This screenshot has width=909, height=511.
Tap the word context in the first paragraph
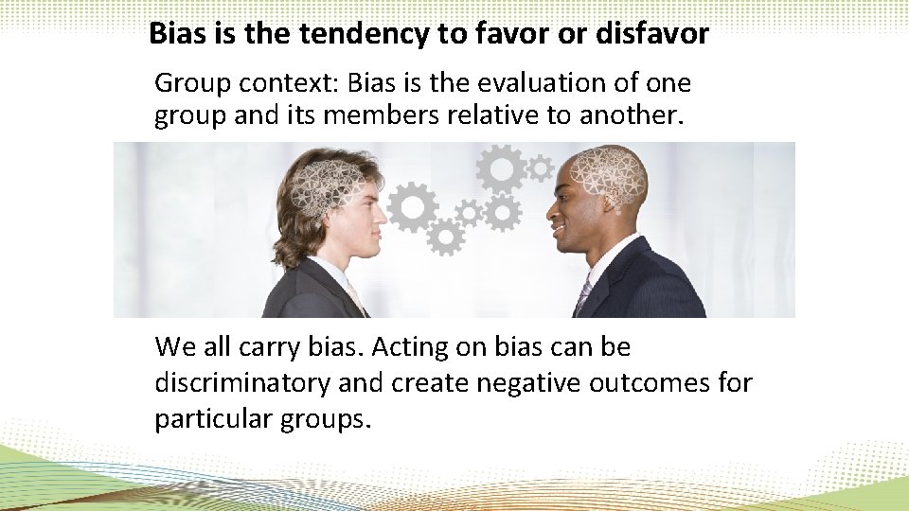(288, 83)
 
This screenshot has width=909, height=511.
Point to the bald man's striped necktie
(583, 295)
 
